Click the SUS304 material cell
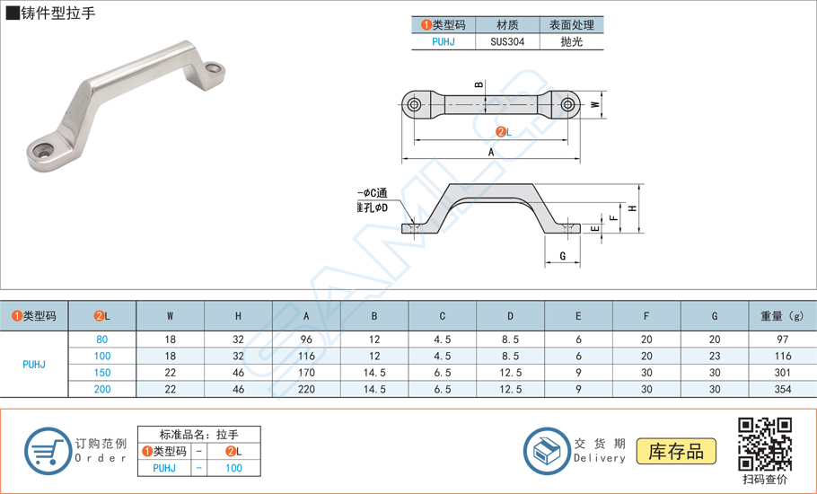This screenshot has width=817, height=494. (508, 41)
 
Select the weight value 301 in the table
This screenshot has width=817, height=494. (781, 373)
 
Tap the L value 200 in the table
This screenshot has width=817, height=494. (102, 389)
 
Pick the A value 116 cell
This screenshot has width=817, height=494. (306, 357)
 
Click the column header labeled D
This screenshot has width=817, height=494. (510, 316)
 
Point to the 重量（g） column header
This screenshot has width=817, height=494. (781, 316)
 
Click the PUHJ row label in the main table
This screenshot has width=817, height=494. (34, 365)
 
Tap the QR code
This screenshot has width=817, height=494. (764, 445)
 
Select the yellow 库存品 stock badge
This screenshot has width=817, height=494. (676, 451)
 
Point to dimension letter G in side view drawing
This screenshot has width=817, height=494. (563, 257)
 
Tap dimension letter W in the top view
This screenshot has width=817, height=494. (595, 105)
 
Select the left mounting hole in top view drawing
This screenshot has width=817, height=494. (414, 105)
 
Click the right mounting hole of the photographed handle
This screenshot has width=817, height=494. (213, 68)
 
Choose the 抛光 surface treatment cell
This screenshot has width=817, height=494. (571, 41)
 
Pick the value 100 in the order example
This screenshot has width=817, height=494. (233, 468)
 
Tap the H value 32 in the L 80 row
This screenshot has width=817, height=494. (238, 340)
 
